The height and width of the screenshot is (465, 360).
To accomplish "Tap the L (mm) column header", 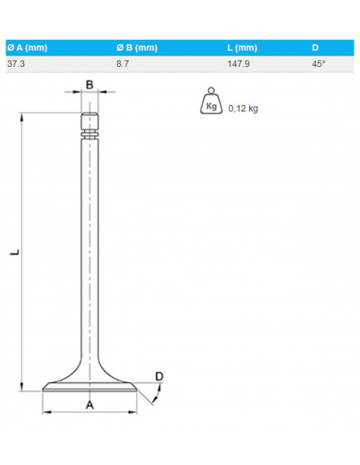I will pyautogui.click(x=242, y=48).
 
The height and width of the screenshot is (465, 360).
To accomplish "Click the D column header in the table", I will pyautogui.click(x=315, y=48).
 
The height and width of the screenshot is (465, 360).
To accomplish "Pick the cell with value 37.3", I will pyautogui.click(x=15, y=64).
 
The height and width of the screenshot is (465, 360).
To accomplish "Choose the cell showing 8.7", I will pyautogui.click(x=123, y=64).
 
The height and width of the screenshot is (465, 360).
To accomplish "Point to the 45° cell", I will pyautogui.click(x=319, y=64).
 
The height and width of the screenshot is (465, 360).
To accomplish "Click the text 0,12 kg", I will pyautogui.click(x=243, y=109).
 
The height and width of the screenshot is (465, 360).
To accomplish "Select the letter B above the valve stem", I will pyautogui.click(x=90, y=84).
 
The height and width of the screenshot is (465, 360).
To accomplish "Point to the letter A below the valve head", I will pyautogui.click(x=90, y=404).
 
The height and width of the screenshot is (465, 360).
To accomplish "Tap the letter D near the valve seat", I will pyautogui.click(x=158, y=376).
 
